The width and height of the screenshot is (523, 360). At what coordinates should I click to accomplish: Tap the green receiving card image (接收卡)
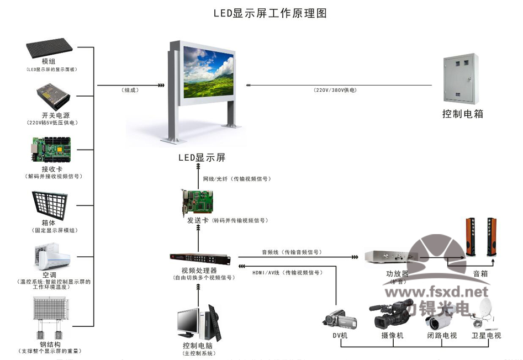(x=52, y=147)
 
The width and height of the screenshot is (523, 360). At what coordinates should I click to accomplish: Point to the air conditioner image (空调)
(x=52, y=254)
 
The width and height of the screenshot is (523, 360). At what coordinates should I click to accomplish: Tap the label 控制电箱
(x=463, y=114)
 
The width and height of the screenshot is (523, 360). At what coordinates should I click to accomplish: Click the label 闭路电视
(x=442, y=336)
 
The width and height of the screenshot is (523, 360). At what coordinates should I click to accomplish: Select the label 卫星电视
(x=486, y=336)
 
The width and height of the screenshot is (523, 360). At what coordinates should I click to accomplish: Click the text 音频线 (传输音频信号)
(x=291, y=252)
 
